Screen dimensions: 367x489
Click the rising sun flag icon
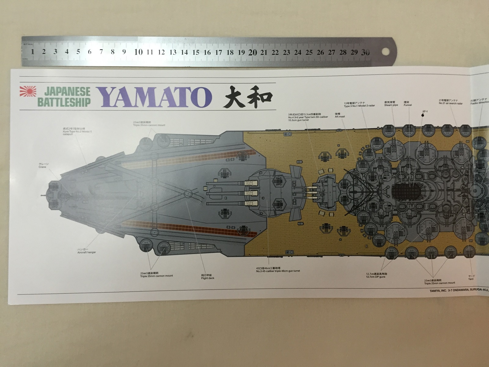pos(28,92)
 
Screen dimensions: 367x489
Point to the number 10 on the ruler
pos(138,52)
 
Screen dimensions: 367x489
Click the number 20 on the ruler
pos(253,52)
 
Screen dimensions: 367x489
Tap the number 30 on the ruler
pos(366,52)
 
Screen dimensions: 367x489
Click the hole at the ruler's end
pos(385,52)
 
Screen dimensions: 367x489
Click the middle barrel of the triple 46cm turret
pos(232,194)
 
